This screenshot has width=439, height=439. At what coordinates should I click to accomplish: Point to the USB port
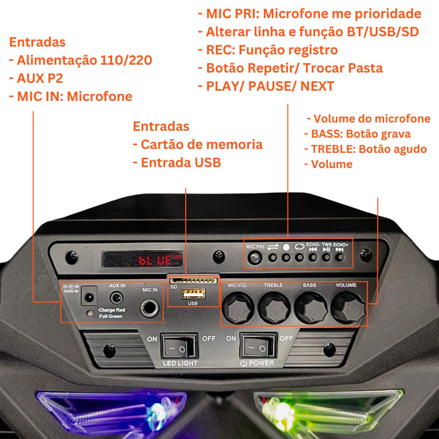(x=193, y=294)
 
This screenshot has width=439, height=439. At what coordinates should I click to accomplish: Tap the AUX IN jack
(x=116, y=298)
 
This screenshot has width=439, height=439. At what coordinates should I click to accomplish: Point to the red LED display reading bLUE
(x=142, y=259)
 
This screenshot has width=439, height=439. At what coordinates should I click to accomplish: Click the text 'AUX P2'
(x=36, y=78)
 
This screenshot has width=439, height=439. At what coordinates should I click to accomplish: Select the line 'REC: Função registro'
(x=272, y=50)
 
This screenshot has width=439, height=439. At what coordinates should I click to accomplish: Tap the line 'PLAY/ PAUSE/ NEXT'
(x=270, y=86)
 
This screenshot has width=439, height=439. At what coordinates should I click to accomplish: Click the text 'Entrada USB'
(x=177, y=163)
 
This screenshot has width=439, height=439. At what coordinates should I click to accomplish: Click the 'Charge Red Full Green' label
(x=112, y=313)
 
